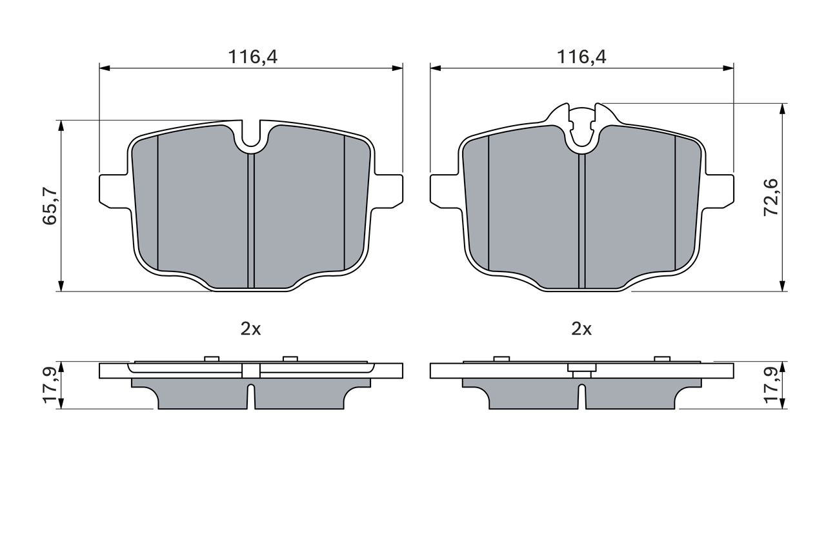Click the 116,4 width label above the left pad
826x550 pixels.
(252, 57)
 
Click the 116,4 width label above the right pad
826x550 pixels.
(582, 57)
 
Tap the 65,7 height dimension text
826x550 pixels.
(50, 206)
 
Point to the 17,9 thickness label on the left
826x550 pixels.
(50, 385)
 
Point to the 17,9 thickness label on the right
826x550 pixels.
(771, 385)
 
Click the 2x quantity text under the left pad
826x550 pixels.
(250, 329)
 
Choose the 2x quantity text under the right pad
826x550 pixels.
(581, 329)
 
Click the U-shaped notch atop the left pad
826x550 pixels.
(251, 137)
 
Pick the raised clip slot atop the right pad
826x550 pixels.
(582, 126)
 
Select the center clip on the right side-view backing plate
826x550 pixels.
(582, 372)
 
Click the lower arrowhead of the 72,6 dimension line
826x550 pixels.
(782, 286)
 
